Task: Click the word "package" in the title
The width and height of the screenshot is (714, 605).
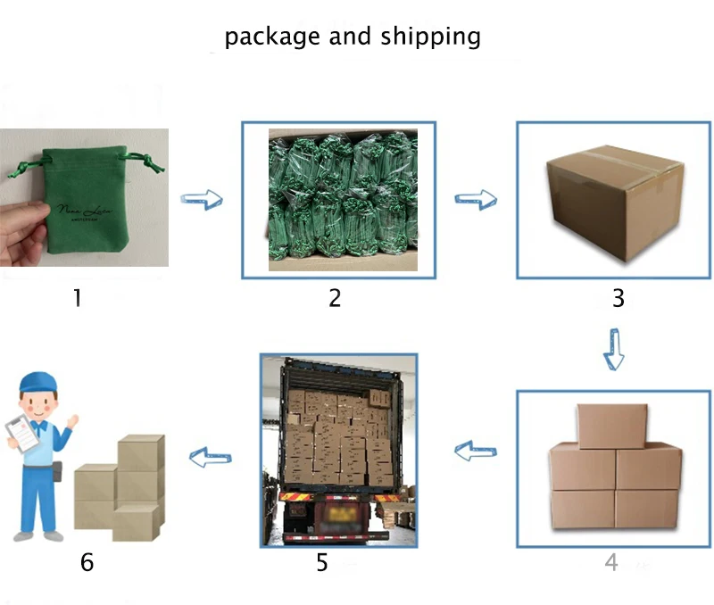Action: tap(273, 37)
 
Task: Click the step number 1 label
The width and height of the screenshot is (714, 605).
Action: tap(77, 297)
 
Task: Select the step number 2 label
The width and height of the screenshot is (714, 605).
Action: tap(335, 297)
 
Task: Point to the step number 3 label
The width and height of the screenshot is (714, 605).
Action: tap(618, 298)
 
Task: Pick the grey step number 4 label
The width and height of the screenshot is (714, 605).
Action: tap(611, 562)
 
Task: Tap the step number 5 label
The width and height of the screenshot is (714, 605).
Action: tap(321, 562)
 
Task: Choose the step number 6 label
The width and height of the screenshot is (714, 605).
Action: tap(87, 562)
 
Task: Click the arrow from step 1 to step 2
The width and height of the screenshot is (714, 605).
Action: tap(201, 198)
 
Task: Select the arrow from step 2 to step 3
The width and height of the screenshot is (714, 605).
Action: tap(476, 198)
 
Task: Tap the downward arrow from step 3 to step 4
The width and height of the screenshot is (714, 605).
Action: tap(613, 348)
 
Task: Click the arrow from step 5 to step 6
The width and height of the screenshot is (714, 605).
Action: tap(211, 458)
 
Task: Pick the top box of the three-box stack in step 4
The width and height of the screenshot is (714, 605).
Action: tap(611, 426)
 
